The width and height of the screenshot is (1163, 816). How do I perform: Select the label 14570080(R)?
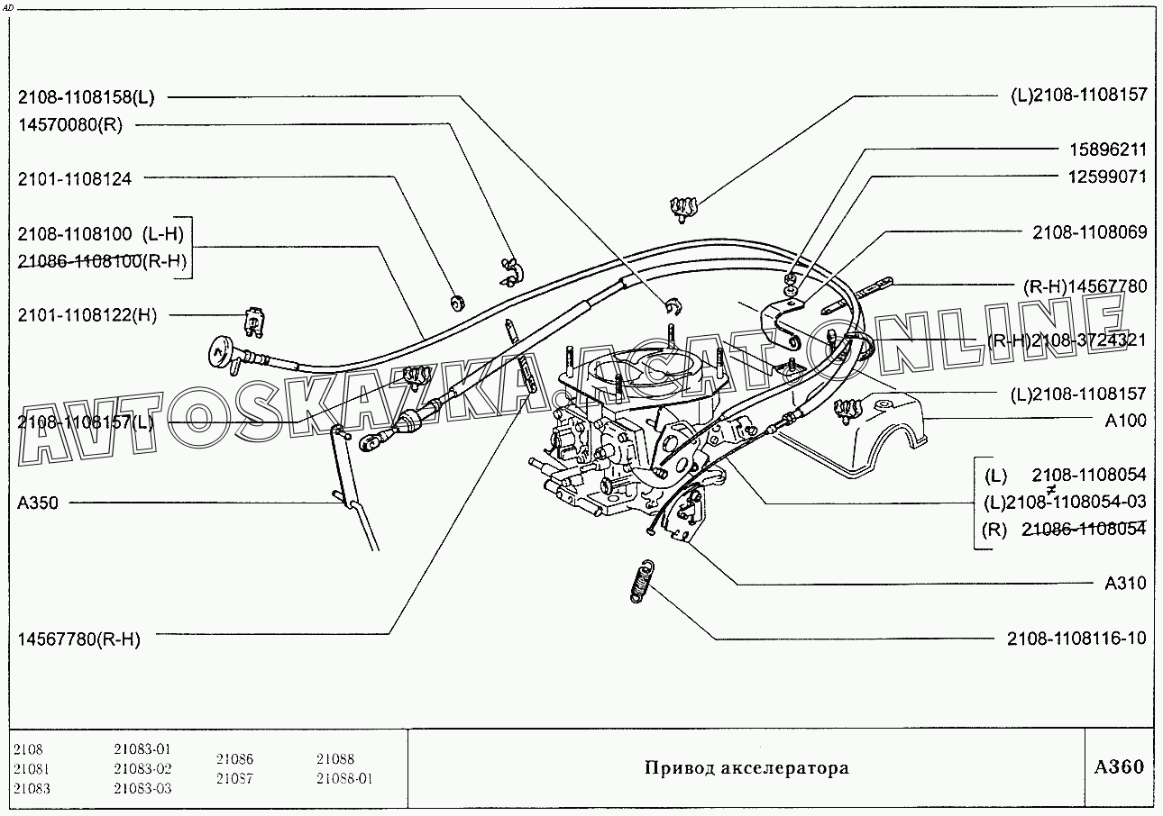pyautogui.click(x=69, y=124)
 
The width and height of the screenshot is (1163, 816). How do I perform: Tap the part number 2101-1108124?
pyautogui.click(x=74, y=179)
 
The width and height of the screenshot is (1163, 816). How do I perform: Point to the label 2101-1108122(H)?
pyautogui.click(x=87, y=314)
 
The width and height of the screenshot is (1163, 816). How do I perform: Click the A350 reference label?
pyautogui.click(x=38, y=503)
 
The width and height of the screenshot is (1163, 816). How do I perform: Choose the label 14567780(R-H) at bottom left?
pyautogui.click(x=78, y=639)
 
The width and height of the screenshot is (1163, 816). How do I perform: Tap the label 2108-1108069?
pyautogui.click(x=1089, y=232)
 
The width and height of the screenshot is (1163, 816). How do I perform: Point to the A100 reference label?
pyautogui.click(x=1126, y=421)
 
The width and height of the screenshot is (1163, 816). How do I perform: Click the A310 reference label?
pyautogui.click(x=1126, y=584)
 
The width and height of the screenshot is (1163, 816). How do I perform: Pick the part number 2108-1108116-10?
pyautogui.click(x=1076, y=639)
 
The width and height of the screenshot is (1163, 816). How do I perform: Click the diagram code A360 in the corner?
pyautogui.click(x=1118, y=767)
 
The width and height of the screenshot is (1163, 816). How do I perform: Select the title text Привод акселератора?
pyautogui.click(x=746, y=768)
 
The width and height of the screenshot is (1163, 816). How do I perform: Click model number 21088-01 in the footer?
pyautogui.click(x=344, y=779)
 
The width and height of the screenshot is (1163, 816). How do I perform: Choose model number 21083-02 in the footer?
pyautogui.click(x=142, y=769)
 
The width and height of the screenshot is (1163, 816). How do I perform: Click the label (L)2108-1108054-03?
pyautogui.click(x=1065, y=502)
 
